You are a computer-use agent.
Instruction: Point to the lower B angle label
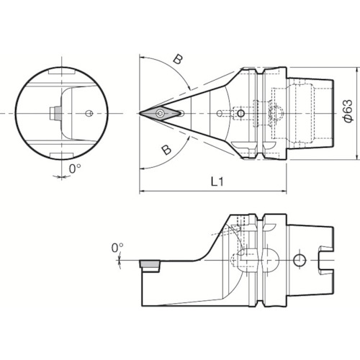point(166,150)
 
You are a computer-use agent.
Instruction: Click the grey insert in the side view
point(150,265)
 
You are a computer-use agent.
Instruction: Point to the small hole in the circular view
point(88,113)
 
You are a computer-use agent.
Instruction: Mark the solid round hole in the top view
point(240,113)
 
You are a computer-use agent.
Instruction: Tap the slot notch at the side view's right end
point(326,259)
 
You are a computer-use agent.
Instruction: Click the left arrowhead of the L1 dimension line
point(141,192)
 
